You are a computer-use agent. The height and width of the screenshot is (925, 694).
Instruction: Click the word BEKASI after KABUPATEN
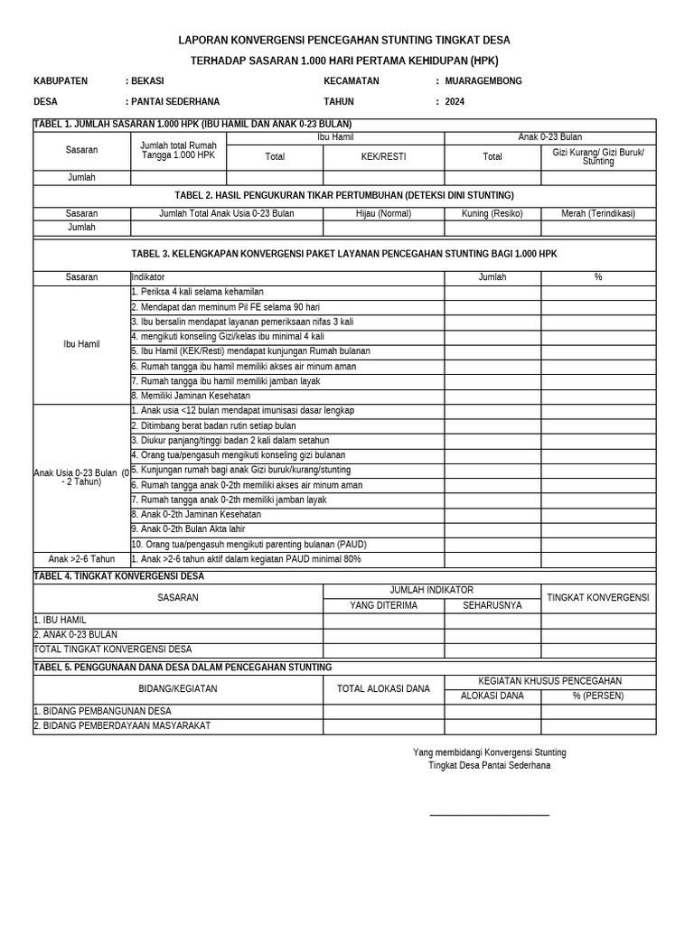[x=148, y=80]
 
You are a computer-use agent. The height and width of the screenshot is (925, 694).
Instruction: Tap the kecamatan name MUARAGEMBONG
[x=483, y=80]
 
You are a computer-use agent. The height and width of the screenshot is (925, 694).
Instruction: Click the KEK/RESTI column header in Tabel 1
[x=383, y=156]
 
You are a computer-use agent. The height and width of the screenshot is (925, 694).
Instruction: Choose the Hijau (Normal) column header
[x=383, y=213]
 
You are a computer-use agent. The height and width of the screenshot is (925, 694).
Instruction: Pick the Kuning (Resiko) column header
[x=492, y=213]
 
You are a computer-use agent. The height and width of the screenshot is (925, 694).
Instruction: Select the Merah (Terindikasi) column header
[x=598, y=213]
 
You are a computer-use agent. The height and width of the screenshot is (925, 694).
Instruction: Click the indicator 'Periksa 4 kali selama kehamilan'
[x=198, y=292]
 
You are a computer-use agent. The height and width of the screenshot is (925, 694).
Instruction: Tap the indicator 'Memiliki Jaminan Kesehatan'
[x=191, y=396]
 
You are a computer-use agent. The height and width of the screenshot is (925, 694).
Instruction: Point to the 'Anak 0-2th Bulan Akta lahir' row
[x=188, y=528]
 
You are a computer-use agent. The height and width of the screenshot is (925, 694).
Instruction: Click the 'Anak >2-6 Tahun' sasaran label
[x=81, y=559]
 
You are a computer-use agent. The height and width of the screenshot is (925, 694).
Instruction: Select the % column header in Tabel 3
[x=598, y=277]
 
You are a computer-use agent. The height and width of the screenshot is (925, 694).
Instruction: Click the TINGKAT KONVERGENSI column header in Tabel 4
[x=598, y=598]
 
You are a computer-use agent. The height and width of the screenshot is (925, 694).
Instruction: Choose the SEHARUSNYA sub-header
[x=492, y=605]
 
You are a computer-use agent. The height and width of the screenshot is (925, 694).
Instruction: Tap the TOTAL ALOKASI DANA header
[x=383, y=688]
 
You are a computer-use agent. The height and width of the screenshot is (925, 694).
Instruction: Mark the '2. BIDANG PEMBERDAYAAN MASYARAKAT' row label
[x=122, y=725]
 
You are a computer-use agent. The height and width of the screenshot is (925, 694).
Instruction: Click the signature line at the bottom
[x=490, y=815]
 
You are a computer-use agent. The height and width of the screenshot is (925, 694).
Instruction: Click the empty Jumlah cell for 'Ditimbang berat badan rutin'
[x=492, y=425]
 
